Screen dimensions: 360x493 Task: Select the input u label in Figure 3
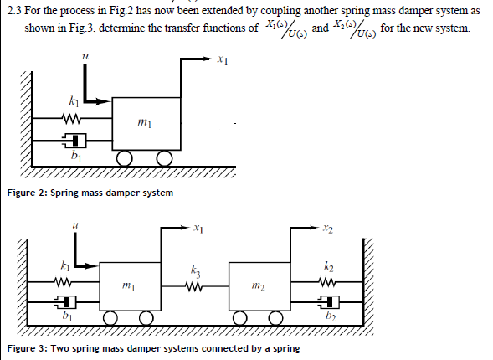[x=75, y=224]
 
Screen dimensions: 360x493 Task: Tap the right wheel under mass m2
[x=275, y=319]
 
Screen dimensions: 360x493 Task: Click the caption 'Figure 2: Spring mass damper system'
[x=90, y=193]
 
